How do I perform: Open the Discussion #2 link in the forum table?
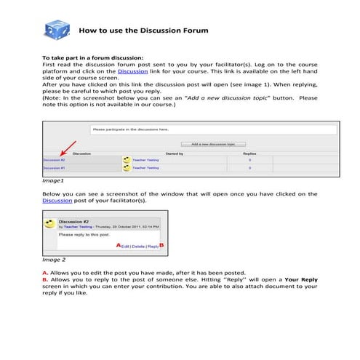[x=55, y=159]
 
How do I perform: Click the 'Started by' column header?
[x=175, y=154]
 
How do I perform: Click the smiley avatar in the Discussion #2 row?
[x=127, y=159]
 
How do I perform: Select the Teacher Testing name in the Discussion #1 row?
[x=145, y=168]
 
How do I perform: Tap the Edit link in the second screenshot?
[x=125, y=246]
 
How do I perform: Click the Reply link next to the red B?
[x=153, y=246]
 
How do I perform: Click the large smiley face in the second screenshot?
[x=49, y=222]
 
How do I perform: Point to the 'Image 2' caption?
[x=55, y=259]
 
